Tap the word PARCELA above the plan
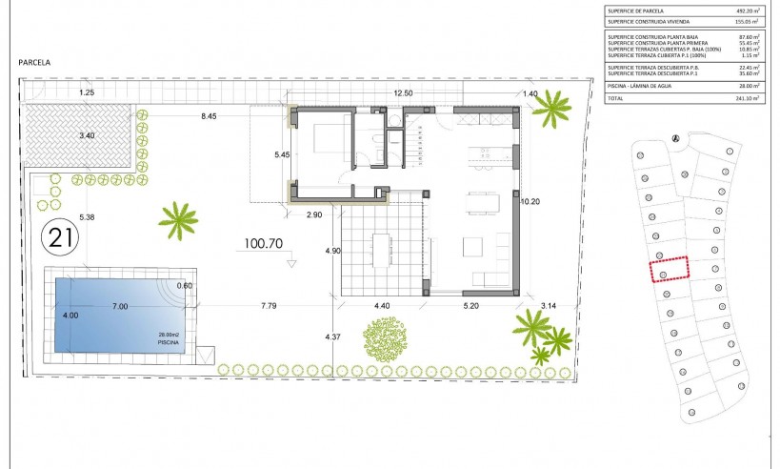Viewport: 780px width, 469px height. point(34,62)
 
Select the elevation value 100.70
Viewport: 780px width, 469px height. point(264,244)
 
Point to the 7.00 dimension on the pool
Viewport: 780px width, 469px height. point(119,307)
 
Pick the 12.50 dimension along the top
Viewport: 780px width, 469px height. point(403,92)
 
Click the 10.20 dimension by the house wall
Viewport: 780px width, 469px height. point(530,201)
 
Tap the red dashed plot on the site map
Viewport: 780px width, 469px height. point(669,268)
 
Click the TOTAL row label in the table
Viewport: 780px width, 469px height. point(616,97)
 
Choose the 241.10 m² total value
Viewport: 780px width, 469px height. point(746,97)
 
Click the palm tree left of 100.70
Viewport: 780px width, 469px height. point(178,219)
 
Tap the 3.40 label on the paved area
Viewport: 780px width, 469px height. point(87,135)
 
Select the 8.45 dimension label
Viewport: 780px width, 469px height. point(208,116)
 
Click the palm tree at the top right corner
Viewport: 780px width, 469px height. point(550,110)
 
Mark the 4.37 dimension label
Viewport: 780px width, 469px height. point(332,337)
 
